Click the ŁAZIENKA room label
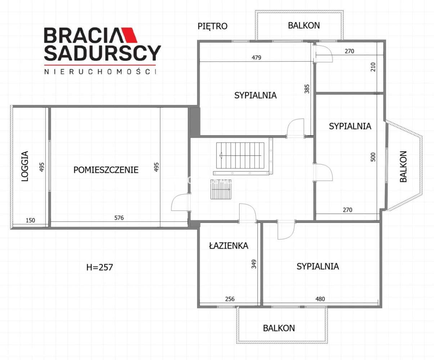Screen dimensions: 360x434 (x=229, y=246)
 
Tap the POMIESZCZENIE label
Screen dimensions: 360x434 (x=106, y=170)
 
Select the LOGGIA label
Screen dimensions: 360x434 (x=25, y=166)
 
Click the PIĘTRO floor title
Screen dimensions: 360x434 (x=212, y=26)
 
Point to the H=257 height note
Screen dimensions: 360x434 (x=100, y=267)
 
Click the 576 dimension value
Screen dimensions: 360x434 (x=119, y=218)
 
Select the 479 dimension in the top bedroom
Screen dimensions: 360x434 (x=256, y=58)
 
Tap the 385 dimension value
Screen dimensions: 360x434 (x=307, y=89)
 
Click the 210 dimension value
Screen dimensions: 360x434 (x=373, y=67)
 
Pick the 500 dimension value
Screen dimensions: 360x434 (x=373, y=157)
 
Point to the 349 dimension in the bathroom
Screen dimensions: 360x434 (x=254, y=264)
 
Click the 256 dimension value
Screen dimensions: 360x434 (x=230, y=299)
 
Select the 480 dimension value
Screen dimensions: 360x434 (x=320, y=299)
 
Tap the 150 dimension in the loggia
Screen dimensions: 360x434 (x=31, y=220)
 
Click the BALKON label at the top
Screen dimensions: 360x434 (x=304, y=26)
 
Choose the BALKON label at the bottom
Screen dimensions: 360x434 (x=279, y=328)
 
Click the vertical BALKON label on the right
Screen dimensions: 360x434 (x=403, y=166)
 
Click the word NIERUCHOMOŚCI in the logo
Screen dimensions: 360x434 (x=100, y=72)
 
